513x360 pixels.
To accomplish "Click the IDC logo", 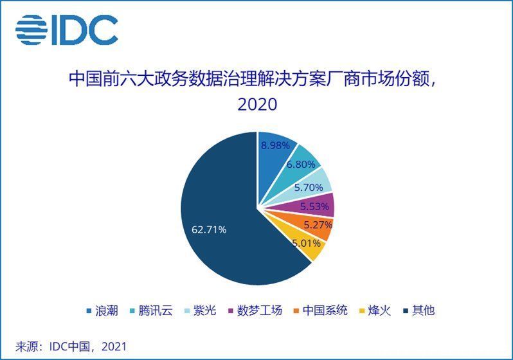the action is pos(67,30).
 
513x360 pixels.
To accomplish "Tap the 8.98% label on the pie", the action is pos(275,145).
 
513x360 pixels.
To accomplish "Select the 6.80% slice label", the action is pos(301,165).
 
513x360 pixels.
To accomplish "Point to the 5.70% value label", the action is pos(309,188).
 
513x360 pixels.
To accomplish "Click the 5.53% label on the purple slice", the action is pos(314,206).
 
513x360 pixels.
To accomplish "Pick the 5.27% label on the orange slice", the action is pos(318,225).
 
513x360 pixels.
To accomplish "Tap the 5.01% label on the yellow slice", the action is pos(306,243).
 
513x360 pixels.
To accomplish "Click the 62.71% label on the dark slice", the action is pos(209,230).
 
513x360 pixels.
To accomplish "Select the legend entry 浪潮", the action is pos(102,310).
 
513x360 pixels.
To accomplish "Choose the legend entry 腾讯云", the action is pos(151,310).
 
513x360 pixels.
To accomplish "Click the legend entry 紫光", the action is pos(200,310).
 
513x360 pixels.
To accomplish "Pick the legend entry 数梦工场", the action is pos(255,310).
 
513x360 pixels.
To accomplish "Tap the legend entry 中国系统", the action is pos(321,310).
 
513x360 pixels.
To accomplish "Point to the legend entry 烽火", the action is pos(375,310).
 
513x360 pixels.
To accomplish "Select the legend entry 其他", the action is pos(419,310).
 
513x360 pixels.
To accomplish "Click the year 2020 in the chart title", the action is pos(257,104).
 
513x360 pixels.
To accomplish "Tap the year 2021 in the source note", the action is pos(114,346).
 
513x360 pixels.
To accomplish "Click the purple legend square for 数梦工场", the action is pos(231,310).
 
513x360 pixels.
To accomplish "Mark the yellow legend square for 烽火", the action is pos(361,310).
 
